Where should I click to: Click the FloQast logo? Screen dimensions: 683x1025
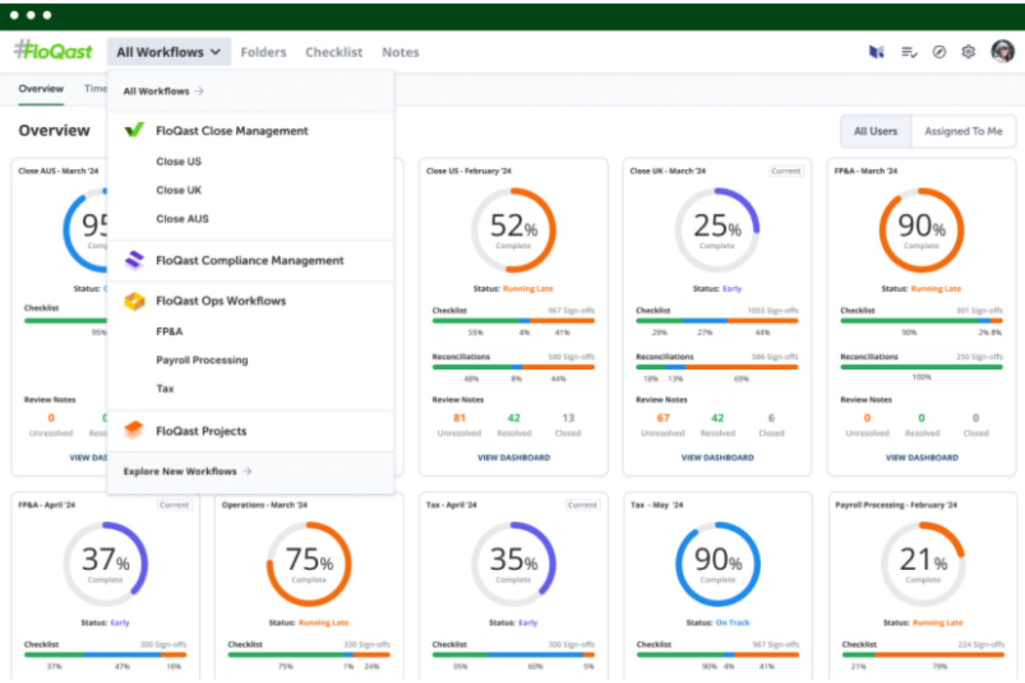click(x=53, y=51)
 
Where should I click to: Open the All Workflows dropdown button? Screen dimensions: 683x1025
click(x=168, y=52)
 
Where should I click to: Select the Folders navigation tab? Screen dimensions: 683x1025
click(x=263, y=52)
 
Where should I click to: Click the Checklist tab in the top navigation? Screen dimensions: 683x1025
click(x=334, y=52)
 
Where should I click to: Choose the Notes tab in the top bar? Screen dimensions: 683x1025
click(x=400, y=52)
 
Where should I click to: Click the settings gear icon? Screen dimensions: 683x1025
click(x=968, y=52)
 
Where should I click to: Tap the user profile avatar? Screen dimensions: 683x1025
click(x=1002, y=51)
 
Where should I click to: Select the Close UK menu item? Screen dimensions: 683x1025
click(x=179, y=190)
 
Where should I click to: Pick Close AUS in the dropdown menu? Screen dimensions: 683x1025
click(x=182, y=219)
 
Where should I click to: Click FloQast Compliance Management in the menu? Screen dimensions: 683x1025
click(x=249, y=260)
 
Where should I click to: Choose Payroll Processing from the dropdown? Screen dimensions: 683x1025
click(x=202, y=360)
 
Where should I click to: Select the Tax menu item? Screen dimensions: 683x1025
click(x=165, y=389)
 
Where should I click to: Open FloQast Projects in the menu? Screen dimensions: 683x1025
click(x=201, y=431)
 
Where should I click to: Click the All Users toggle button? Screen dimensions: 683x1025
click(x=875, y=131)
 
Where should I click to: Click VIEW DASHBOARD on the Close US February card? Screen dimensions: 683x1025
click(x=514, y=457)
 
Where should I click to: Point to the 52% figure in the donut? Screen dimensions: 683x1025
click(x=513, y=226)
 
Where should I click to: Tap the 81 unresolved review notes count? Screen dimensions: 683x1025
click(x=459, y=418)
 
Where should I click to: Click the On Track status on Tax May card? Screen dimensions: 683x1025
click(x=732, y=623)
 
